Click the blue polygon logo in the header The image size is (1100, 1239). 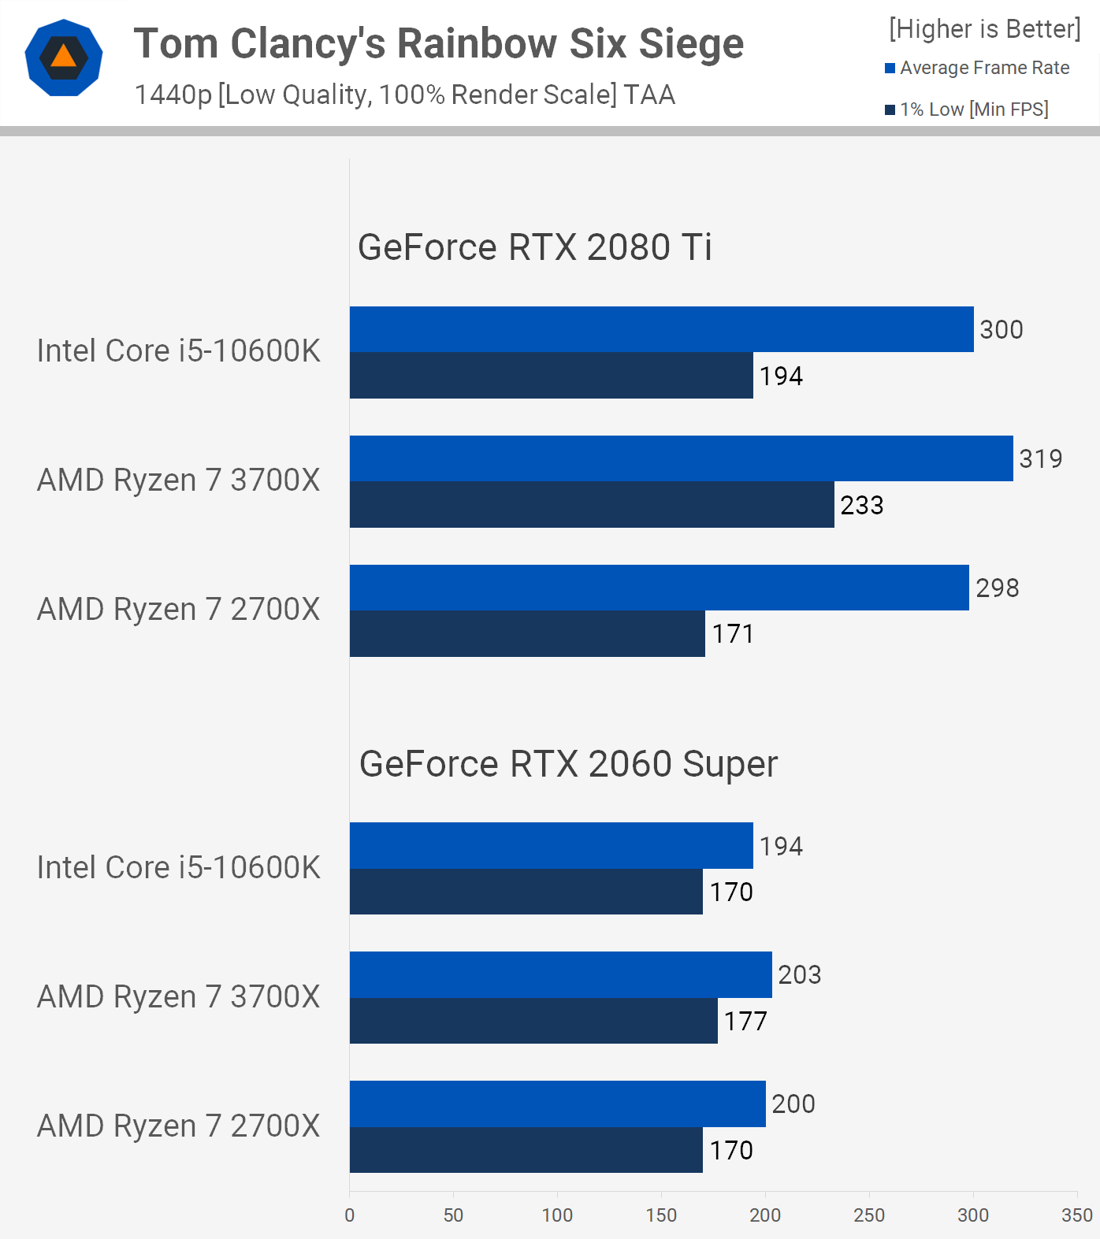coord(64,57)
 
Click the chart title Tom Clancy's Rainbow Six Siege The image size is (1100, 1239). coord(438,44)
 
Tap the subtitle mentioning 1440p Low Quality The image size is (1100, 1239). coord(405,95)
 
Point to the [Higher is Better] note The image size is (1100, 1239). coord(984,29)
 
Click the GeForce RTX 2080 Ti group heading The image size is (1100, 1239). coord(534,247)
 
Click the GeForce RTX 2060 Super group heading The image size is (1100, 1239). coord(568,764)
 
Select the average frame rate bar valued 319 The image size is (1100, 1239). coord(681,458)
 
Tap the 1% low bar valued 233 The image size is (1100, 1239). coord(592,505)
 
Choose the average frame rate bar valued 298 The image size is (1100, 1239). coord(659,588)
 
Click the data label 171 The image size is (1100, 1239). coord(733,634)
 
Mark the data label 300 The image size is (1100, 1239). coord(1001,329)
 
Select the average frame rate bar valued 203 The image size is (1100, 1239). coord(560,975)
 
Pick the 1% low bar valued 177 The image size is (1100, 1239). coord(533,1021)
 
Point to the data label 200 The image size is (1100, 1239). coord(793,1104)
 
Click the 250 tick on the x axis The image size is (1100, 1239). coord(869,1215)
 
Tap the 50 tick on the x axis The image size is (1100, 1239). coord(453,1215)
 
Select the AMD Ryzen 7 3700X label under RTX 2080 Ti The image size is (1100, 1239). coord(179,480)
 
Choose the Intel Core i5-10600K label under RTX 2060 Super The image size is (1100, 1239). coord(179,868)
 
